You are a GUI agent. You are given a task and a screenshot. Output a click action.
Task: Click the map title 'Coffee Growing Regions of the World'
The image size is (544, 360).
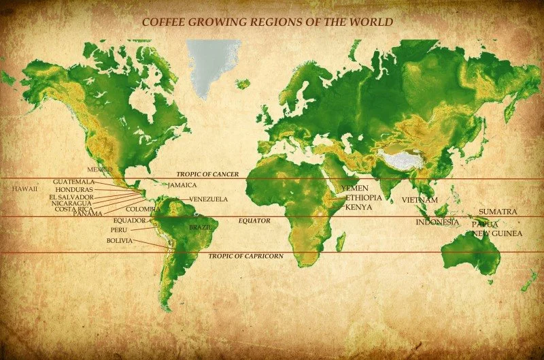(267, 22)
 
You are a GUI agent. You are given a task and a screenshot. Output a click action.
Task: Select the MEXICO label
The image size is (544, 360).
(99, 169)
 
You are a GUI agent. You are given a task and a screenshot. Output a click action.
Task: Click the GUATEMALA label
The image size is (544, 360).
(73, 182)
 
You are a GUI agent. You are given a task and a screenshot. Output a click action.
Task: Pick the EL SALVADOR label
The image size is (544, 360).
(71, 197)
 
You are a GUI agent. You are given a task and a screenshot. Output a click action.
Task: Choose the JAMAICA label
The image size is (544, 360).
(182, 185)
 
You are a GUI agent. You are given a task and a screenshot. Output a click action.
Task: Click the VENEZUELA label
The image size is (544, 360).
(208, 199)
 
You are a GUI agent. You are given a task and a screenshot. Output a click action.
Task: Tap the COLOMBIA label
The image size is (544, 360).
(143, 209)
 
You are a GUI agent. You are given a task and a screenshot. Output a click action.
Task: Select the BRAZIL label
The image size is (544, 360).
(200, 227)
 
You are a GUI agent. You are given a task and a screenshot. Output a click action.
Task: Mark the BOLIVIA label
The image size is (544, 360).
(120, 241)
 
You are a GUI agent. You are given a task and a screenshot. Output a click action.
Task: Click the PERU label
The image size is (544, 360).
(119, 231)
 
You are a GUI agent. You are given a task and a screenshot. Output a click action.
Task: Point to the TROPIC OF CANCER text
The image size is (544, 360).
(207, 175)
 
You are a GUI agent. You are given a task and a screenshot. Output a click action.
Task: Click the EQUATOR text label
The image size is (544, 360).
(254, 221)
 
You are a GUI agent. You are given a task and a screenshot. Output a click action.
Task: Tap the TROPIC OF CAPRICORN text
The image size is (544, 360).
(245, 256)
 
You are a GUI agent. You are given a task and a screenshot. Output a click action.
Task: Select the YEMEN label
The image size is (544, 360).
(354, 188)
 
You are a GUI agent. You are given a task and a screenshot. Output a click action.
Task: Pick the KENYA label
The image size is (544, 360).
(358, 207)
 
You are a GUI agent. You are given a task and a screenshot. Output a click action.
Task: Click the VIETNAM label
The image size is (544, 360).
(420, 200)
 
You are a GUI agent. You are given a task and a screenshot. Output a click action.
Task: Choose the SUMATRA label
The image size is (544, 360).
(498, 212)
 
